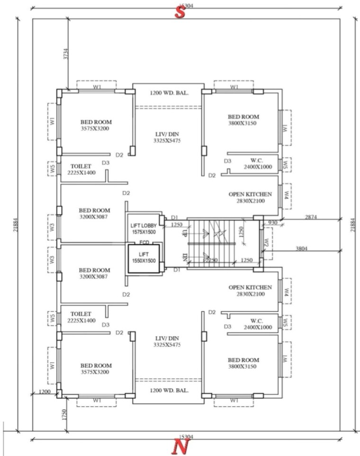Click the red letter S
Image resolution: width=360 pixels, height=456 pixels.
180,12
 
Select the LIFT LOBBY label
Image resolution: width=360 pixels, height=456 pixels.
144,225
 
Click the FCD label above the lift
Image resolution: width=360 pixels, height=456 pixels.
144,242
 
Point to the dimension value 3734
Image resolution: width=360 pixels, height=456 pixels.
66,55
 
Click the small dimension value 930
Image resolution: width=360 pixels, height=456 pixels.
273,222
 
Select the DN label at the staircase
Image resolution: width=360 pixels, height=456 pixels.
185,257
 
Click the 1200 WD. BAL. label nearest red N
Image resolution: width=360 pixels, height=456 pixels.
169,391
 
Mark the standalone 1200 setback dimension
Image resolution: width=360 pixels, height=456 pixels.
45,392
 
